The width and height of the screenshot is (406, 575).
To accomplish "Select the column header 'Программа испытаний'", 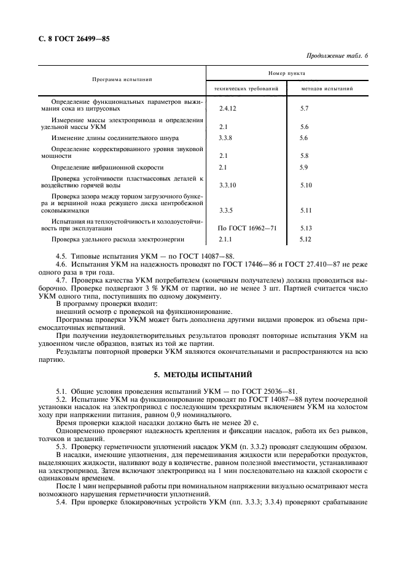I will (122, 80).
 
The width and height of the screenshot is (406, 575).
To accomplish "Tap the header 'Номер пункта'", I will (286, 72).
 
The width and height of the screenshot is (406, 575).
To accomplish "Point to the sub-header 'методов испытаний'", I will (327, 88).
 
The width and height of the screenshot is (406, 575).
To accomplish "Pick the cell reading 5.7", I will (304, 108).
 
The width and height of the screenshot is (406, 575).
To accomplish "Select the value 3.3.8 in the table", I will (227, 138).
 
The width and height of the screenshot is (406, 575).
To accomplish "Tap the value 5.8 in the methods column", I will (304, 156).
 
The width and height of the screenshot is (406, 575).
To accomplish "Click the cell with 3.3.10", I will (228, 185).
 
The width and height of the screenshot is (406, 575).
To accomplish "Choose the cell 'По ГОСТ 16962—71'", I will (248, 228).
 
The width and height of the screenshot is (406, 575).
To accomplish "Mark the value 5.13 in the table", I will (306, 228).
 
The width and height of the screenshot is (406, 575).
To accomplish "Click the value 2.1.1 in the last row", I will (226, 240).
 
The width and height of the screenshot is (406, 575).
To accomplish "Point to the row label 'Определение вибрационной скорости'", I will (107, 167).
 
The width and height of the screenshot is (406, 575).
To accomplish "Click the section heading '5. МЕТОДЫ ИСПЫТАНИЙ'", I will (203, 374).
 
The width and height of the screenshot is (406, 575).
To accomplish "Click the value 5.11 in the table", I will (306, 211).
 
